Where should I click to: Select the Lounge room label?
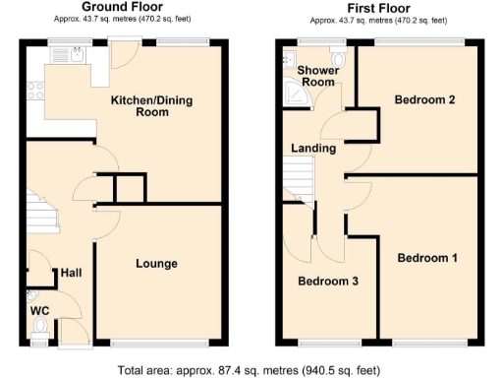tap(156, 264)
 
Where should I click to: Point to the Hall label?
tap(72, 273)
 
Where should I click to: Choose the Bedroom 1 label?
tap(427, 258)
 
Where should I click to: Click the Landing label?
tap(313, 149)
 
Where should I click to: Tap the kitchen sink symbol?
tap(75, 55)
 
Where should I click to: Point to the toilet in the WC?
tap(40, 339)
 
